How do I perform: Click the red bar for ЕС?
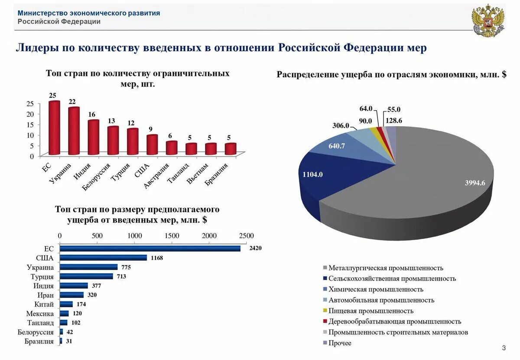54,128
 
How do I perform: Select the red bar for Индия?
93,137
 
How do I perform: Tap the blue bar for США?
103,258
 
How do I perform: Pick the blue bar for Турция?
86,276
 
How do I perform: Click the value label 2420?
256,248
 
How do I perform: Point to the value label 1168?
157,258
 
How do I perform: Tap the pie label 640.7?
336,146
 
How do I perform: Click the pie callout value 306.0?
341,126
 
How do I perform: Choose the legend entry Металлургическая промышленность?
386,268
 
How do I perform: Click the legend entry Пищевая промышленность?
371,311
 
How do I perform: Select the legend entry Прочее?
340,343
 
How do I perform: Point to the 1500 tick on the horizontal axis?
172,235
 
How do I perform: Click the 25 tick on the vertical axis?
30,103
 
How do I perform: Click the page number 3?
504,348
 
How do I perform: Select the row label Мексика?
40,314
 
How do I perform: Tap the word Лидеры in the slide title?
36,48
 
